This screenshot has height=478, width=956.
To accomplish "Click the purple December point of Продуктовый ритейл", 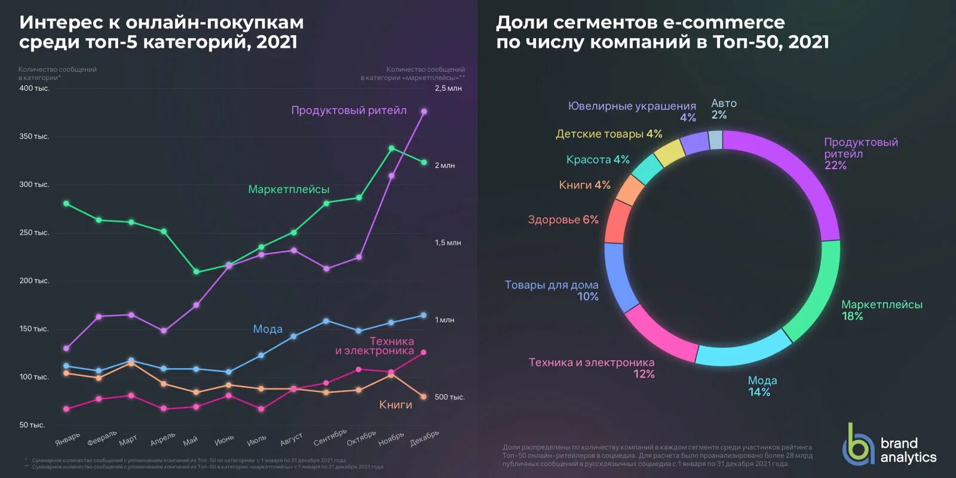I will (x=424, y=111).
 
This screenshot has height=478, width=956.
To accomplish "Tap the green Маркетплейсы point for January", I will (x=66, y=204).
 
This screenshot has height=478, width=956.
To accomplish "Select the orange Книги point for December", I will (x=424, y=397).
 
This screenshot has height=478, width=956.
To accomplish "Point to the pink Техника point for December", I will (x=424, y=353).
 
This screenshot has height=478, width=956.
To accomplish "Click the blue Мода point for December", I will (x=424, y=315).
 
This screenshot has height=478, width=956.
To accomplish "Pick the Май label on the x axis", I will (x=191, y=442).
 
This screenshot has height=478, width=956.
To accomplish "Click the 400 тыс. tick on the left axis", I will (x=34, y=88).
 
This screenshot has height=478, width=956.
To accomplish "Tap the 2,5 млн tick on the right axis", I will (x=448, y=88).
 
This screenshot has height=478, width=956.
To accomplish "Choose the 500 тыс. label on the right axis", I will (x=449, y=397).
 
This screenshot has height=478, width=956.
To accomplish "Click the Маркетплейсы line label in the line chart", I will (x=289, y=189).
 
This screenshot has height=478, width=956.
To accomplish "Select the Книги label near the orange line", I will (x=396, y=405).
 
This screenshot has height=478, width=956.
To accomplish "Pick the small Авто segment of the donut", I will (x=716, y=140).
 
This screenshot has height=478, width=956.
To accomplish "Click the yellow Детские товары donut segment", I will (x=669, y=153).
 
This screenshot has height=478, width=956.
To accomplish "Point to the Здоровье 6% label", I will (x=563, y=220).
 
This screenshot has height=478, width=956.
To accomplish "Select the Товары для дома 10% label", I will (x=551, y=291).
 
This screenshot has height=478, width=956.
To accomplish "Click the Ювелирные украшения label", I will (x=632, y=106).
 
